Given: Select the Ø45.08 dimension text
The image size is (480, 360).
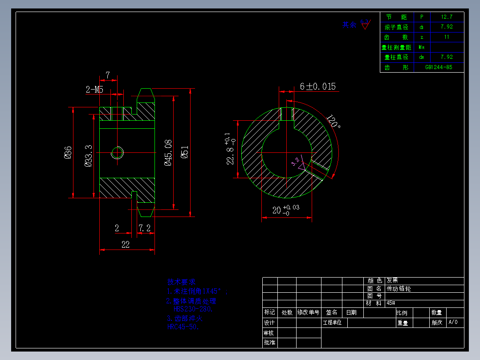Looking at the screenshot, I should pos(168,152).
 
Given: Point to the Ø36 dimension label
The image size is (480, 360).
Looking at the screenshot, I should pos(68,152).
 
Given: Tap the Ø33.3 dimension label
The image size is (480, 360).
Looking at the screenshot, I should pos(89,155).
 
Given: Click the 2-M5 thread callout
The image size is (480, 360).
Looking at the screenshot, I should pos(94,90).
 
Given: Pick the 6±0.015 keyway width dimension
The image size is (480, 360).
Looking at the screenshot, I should pos(317,86).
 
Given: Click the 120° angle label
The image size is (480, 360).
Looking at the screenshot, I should pos(333,122).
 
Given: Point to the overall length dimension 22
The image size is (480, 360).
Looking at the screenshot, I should pos(126,244).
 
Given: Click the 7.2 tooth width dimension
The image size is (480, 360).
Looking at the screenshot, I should pos(144,228).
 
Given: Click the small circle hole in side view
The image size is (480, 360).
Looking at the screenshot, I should pos(118,153).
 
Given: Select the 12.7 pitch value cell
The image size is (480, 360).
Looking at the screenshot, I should pos(447,17).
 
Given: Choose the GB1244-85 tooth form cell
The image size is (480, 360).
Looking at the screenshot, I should pos(439,67).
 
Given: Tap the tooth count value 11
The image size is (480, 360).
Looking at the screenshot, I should pos(447,37).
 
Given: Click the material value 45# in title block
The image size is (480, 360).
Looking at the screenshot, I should pos(391,303).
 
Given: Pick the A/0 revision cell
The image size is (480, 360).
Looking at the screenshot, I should pos(453,322).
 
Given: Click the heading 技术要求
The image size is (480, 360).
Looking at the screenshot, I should pos(181,282).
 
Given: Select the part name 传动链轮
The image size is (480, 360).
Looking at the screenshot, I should pos(399,289).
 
